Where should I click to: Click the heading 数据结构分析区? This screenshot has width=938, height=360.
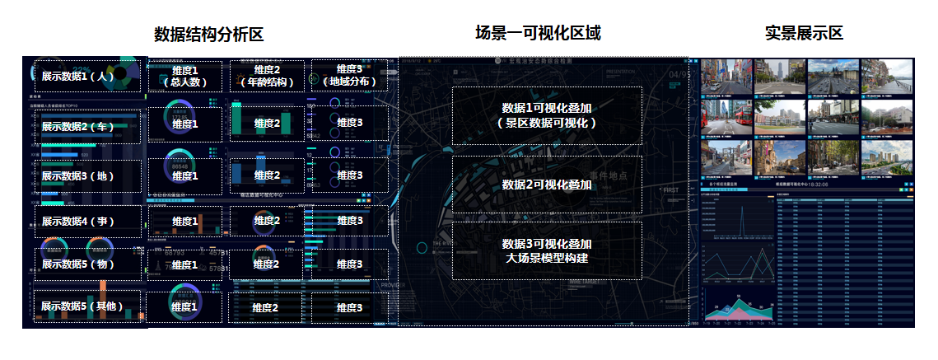click(x=208, y=34)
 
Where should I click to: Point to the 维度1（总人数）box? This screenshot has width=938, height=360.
click(x=185, y=77)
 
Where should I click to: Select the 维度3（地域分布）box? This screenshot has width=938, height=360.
click(x=350, y=76)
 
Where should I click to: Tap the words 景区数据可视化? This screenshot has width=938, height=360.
click(x=547, y=122)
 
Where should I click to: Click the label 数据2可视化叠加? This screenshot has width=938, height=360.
click(x=547, y=185)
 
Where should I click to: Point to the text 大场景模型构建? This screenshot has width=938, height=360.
click(x=547, y=259)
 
